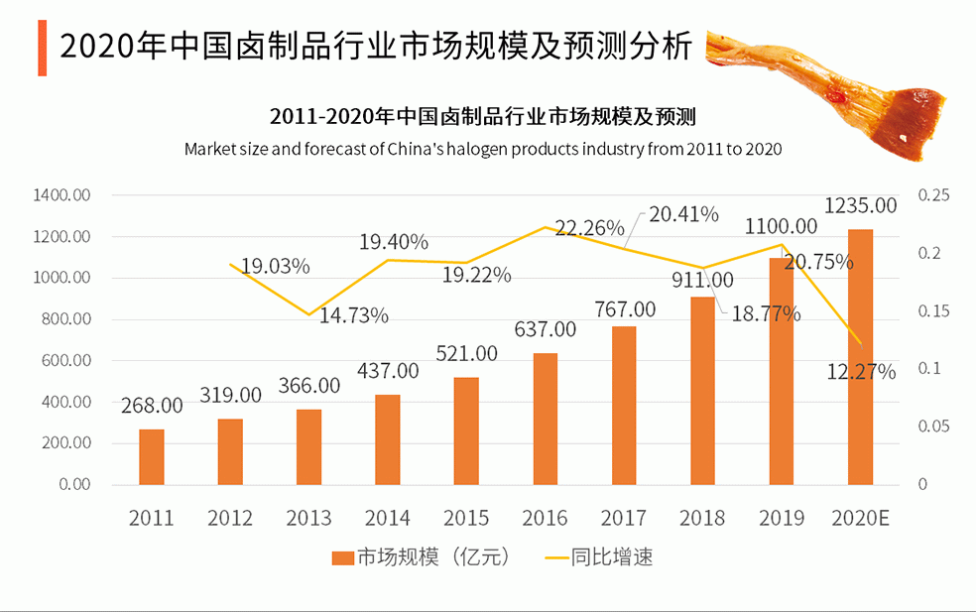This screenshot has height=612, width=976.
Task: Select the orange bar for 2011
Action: click(151, 457)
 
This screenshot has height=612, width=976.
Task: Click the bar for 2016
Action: click(546, 419)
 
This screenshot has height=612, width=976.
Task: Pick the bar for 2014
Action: click(388, 439)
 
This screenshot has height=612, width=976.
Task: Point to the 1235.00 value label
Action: click(860, 206)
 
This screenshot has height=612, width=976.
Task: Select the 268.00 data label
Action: click(152, 405)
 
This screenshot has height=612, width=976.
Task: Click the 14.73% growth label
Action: click(353, 316)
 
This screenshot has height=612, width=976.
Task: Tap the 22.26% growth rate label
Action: click(589, 228)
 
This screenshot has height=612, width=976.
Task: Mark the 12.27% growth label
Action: click(861, 373)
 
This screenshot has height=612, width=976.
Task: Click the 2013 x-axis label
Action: click(308, 518)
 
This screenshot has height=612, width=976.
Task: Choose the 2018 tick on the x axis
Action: click(702, 518)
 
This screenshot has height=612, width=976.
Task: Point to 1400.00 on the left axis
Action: click(61, 195)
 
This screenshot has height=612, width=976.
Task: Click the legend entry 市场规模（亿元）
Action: click(423, 557)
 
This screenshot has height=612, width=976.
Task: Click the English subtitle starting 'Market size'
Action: click(483, 149)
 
